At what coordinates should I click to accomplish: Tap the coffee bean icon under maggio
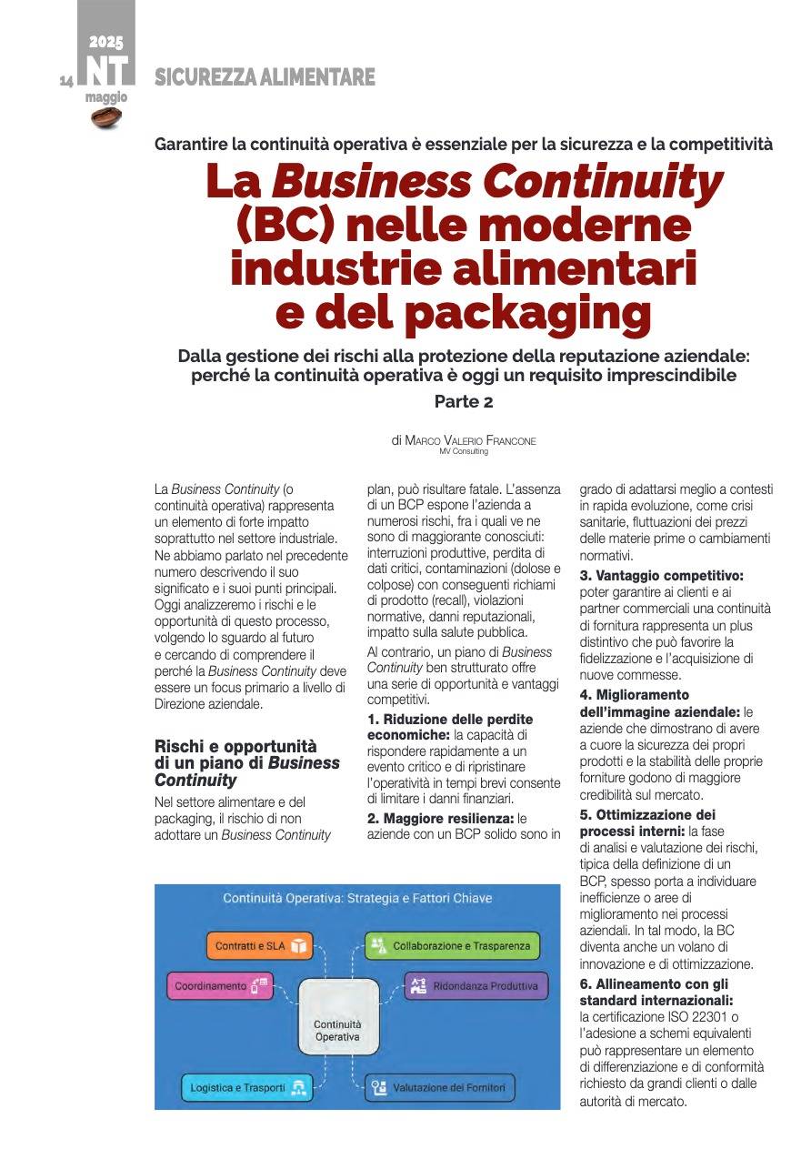coord(106,116)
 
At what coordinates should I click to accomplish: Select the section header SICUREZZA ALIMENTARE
coord(265,78)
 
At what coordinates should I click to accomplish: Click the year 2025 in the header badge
coord(106,42)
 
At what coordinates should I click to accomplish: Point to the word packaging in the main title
coord(527,312)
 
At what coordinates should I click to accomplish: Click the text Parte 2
coord(464,401)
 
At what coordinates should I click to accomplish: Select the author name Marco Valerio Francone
coord(470,440)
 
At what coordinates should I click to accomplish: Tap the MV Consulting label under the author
coord(464,451)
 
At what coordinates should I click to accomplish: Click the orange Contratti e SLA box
coord(259,946)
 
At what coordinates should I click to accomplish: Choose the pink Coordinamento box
coord(219,986)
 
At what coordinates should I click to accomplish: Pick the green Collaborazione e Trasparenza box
coord(452,946)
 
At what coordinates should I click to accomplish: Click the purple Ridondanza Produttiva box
coord(476,986)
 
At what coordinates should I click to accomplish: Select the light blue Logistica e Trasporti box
coord(246,1088)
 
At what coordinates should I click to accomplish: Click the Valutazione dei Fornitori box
coord(441,1088)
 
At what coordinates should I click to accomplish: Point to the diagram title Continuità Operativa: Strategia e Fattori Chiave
coord(357,899)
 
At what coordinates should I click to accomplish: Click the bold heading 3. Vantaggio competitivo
coord(662,576)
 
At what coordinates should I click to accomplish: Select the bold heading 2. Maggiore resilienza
coord(441,819)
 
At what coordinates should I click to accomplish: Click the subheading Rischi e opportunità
coord(235,746)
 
